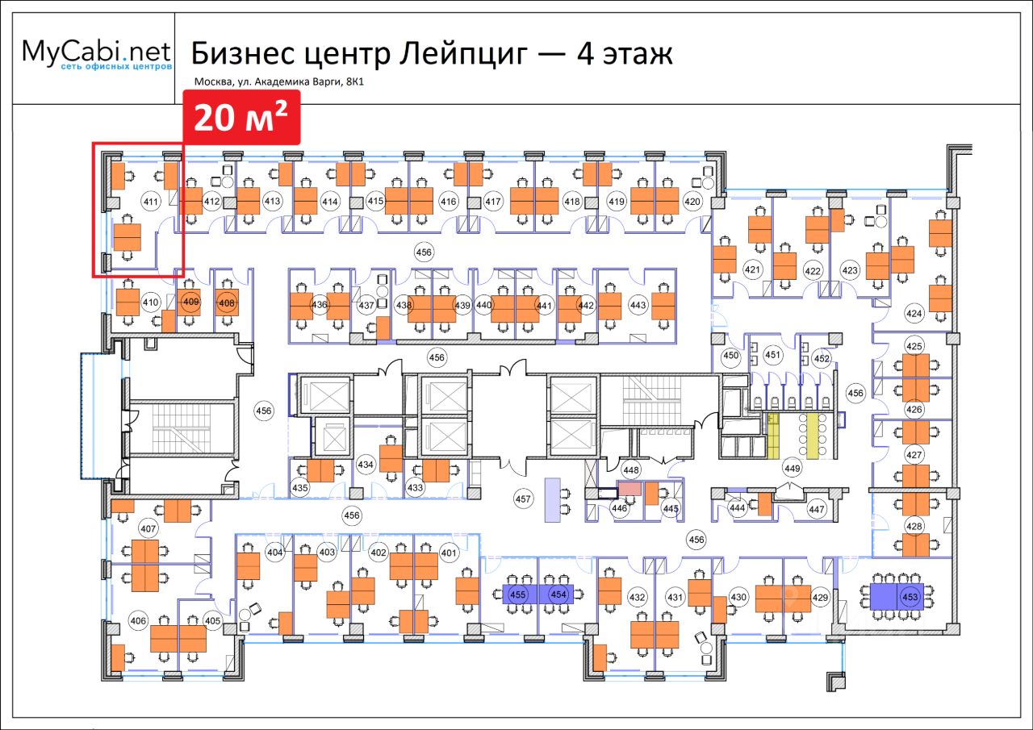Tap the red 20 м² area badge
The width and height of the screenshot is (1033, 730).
click(241, 118)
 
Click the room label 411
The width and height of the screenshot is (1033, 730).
click(150, 201)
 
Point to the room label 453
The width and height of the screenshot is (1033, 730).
click(910, 597)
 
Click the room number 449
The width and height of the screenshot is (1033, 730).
click(792, 469)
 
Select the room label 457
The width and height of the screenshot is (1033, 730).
click(524, 499)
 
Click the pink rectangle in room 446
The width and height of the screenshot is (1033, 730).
click(629, 489)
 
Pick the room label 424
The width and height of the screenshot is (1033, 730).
click(914, 313)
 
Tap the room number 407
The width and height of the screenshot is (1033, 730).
click(148, 529)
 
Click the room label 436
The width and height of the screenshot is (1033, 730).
click(319, 305)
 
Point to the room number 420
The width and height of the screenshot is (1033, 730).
click(692, 201)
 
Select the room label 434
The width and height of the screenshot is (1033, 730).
click(366, 465)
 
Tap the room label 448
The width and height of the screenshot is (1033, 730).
click(631, 470)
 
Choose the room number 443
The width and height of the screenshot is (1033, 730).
click(638, 305)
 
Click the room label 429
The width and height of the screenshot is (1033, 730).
click(820, 598)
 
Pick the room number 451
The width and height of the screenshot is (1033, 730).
click(773, 355)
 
